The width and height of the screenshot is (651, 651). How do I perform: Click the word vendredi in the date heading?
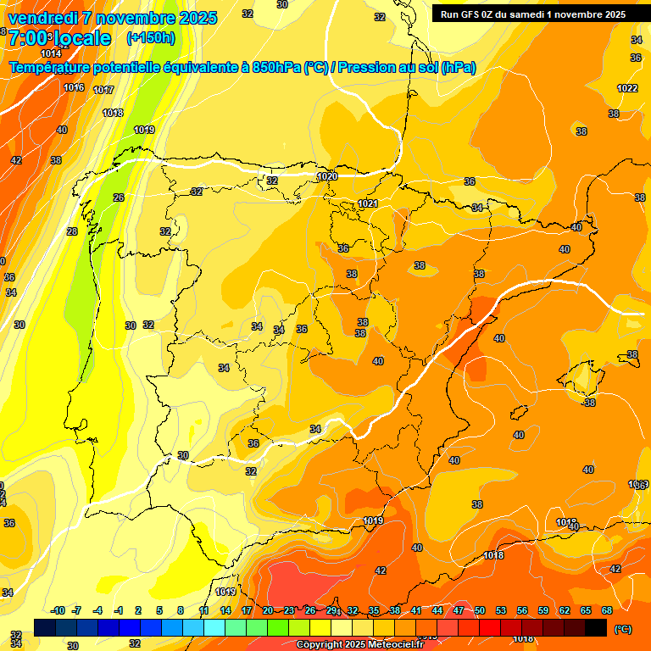42,18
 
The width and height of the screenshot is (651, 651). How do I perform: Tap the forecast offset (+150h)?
150,37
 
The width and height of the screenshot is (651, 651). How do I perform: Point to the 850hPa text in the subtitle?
276,68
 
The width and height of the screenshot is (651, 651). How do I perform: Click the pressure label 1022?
627,88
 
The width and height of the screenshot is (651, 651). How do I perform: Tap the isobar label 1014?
51,53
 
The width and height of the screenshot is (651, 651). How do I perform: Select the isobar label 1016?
74,87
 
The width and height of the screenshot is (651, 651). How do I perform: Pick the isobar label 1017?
103,90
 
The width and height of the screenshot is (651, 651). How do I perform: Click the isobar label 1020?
326,176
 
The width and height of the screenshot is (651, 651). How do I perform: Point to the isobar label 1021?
367,203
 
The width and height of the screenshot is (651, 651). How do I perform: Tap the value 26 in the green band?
119,198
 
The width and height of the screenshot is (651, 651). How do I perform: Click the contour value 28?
72,231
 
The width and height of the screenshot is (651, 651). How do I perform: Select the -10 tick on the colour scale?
58,610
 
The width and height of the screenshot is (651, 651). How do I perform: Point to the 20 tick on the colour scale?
268,610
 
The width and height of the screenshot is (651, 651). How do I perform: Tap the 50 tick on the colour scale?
480,610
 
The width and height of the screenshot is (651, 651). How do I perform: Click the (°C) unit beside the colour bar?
622,629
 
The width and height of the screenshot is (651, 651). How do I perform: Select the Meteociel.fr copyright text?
359,644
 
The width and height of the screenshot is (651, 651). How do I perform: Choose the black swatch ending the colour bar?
596,627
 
